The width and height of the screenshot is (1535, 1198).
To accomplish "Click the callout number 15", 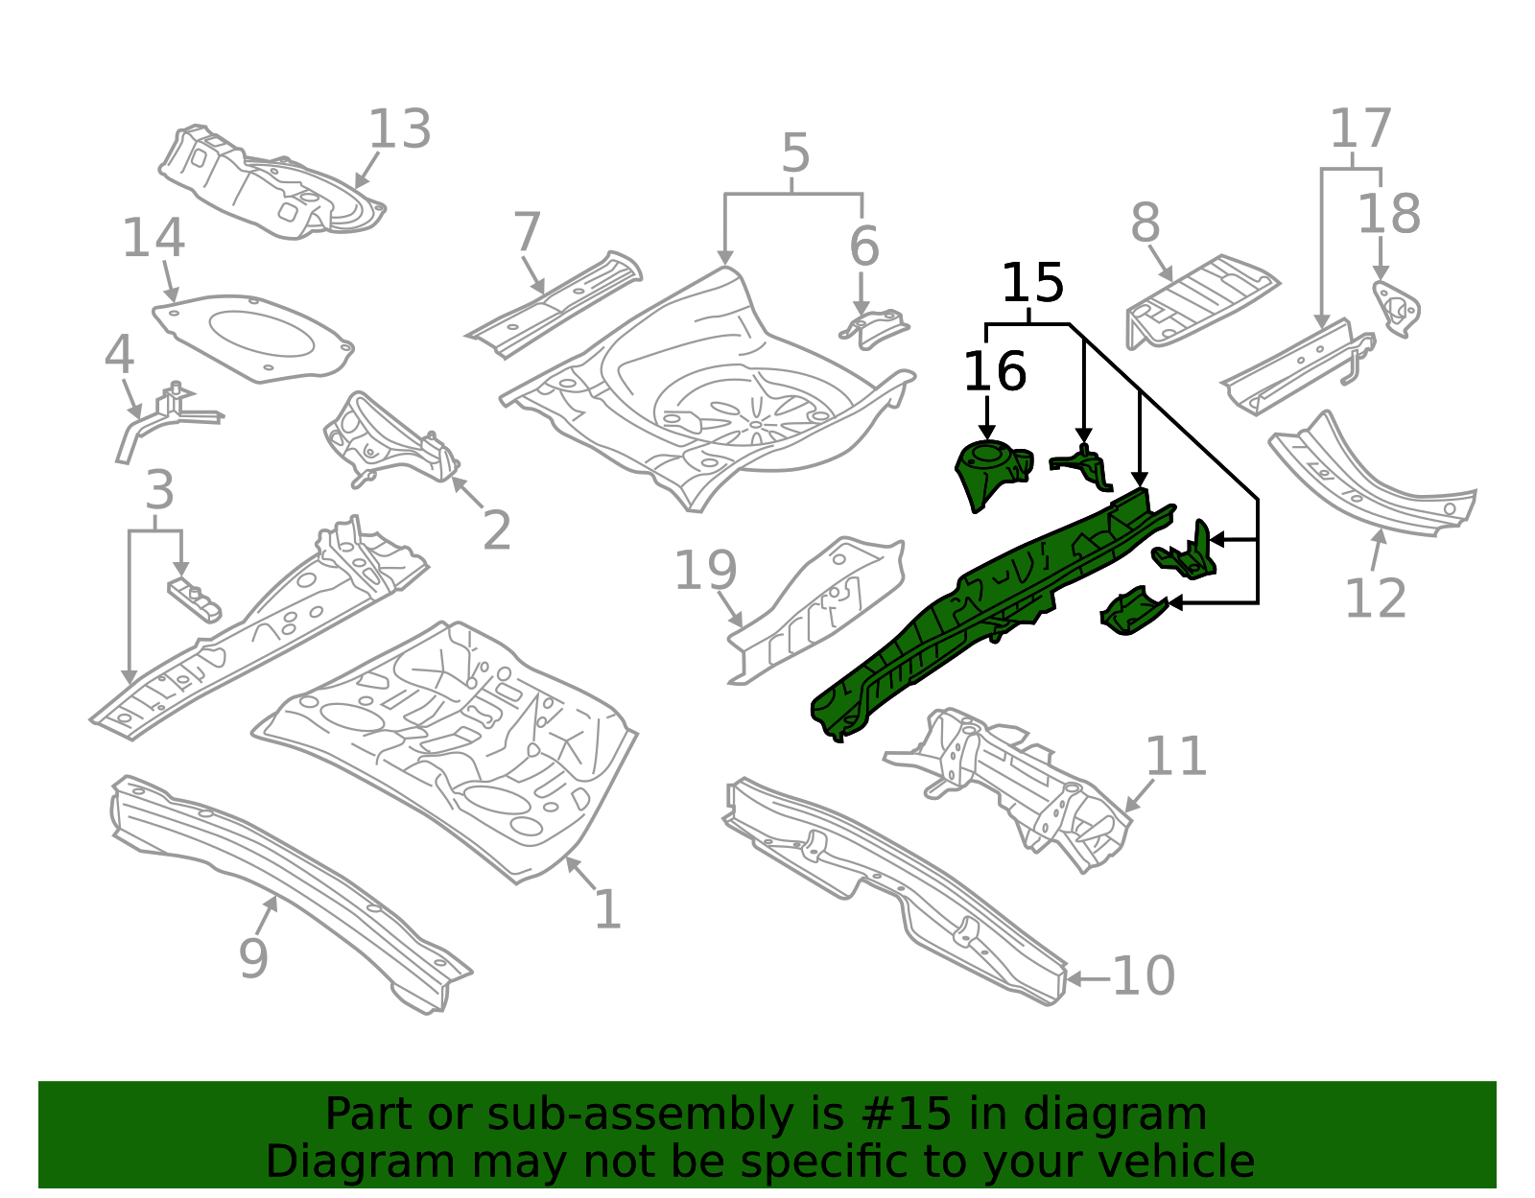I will (1032, 284).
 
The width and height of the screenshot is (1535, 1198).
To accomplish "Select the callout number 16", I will (994, 371).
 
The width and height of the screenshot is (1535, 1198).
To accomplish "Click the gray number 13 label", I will (399, 129).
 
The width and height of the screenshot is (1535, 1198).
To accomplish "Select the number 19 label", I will (705, 572).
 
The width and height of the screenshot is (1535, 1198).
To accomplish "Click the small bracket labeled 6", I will (874, 327).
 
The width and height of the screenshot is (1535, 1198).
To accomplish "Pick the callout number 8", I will (1145, 223).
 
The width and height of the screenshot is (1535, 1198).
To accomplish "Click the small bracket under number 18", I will (1396, 309).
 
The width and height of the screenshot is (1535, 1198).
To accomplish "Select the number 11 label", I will (1175, 757).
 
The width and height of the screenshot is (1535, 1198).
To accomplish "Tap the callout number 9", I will (253, 957).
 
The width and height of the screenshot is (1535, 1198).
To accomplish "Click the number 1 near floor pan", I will (607, 909).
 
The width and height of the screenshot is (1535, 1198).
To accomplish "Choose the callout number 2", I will (496, 530).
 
